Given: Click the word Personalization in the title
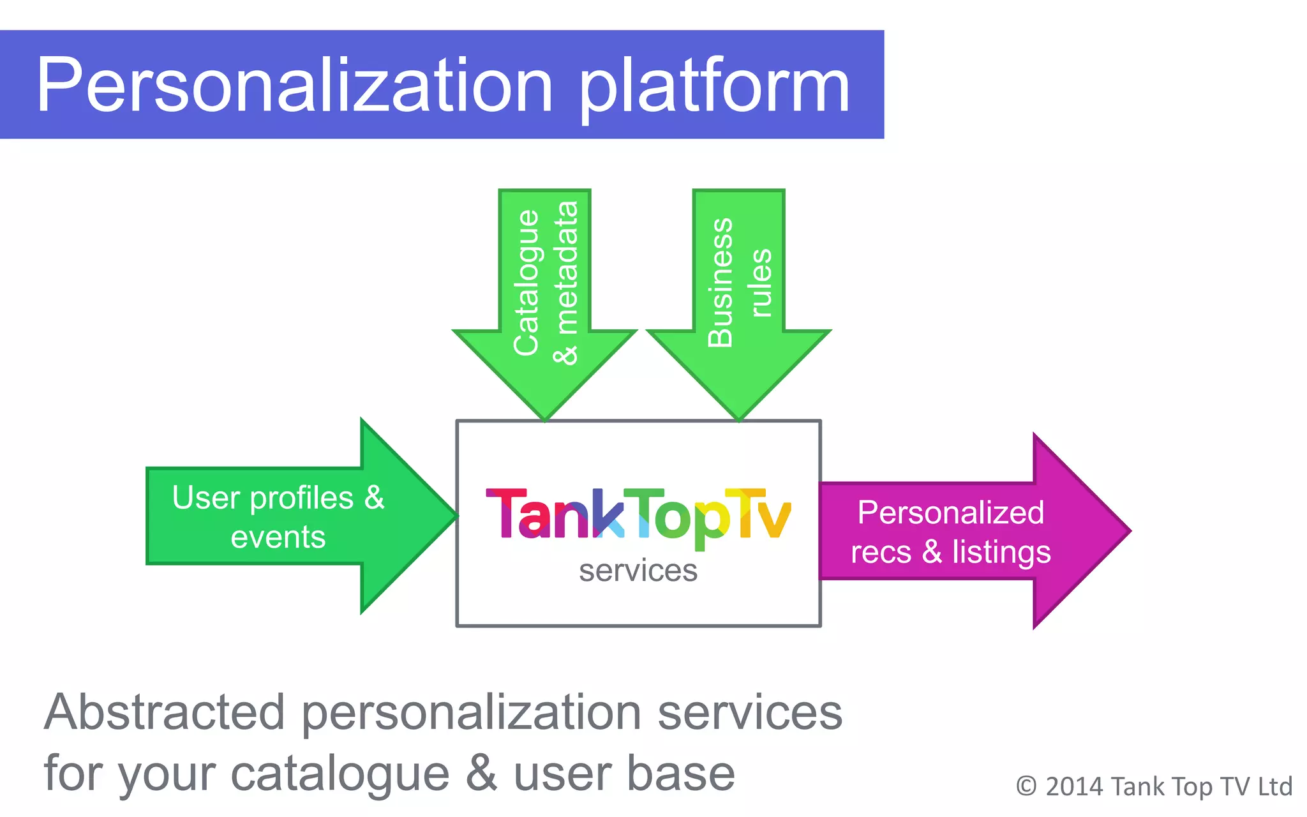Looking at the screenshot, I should point(294,85).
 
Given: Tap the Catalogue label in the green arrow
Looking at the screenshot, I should point(527,282).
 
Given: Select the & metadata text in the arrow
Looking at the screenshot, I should point(566,282).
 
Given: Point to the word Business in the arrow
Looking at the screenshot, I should point(721,282).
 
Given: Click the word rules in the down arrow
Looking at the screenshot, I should point(760,282).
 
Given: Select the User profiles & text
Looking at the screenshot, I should point(278,497).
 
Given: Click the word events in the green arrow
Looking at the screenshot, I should point(278,537).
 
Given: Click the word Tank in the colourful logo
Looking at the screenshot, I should point(554,514).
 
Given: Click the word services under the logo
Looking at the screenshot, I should point(638,570).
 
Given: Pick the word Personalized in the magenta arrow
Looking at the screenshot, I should point(950,512).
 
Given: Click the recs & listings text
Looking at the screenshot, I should point(950,551).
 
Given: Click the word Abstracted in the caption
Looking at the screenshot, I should point(165,712).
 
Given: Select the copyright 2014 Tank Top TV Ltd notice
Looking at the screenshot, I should point(1154,786).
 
